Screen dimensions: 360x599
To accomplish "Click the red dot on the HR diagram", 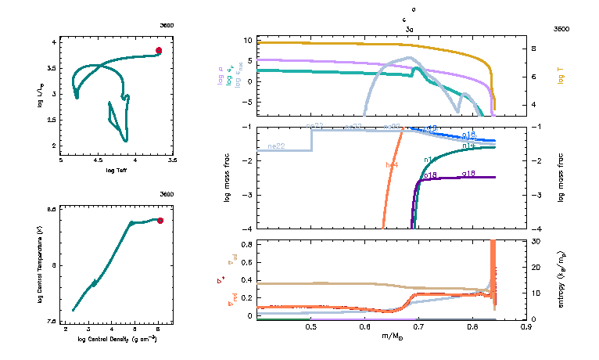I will pyautogui.click(x=159, y=50).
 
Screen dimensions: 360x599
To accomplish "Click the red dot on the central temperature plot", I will pyautogui.click(x=160, y=221).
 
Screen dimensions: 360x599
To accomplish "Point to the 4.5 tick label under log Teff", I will pyautogui.click(x=98, y=160).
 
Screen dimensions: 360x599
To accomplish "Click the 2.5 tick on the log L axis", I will pyautogui.click(x=53, y=120).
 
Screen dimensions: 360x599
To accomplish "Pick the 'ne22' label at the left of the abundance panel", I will pyautogui.click(x=275, y=146).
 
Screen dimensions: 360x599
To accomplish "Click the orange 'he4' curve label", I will pyautogui.click(x=392, y=164).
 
